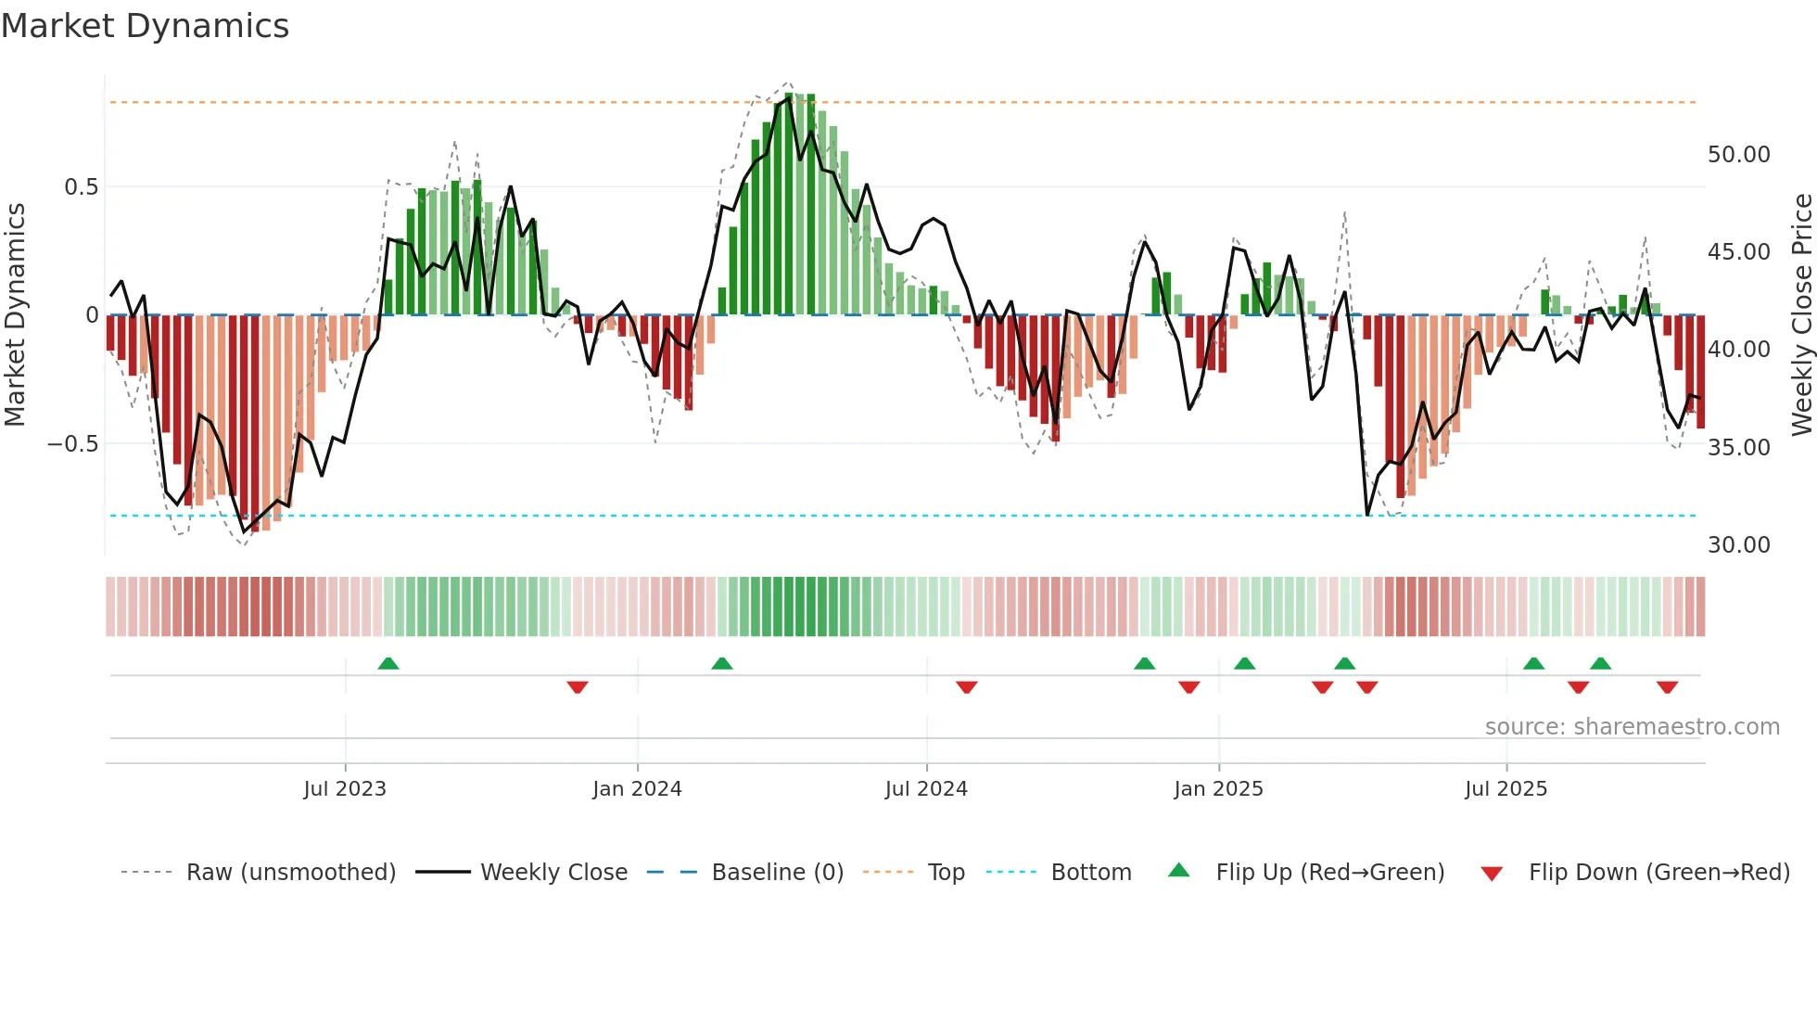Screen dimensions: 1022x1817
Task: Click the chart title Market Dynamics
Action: (146, 26)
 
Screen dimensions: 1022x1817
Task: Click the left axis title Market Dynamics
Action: (15, 314)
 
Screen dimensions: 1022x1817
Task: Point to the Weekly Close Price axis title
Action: (1801, 314)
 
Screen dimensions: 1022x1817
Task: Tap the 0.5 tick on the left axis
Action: (81, 187)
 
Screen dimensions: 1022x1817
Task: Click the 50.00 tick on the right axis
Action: (1738, 155)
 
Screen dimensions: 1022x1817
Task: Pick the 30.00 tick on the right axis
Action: (1738, 545)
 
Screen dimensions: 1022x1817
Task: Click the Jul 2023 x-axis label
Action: (345, 789)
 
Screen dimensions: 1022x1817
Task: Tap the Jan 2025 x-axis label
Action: (1218, 789)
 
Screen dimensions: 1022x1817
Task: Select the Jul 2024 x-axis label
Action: (926, 789)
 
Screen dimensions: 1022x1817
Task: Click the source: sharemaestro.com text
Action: (1632, 727)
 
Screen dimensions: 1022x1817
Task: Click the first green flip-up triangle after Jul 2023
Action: (388, 664)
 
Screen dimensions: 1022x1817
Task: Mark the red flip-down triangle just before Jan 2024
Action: (578, 687)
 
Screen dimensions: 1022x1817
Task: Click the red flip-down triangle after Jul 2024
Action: (967, 687)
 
